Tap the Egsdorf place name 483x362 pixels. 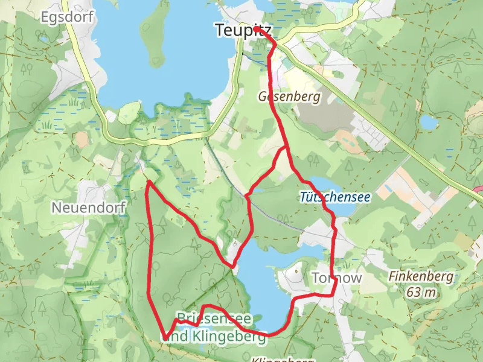(x=67, y=17)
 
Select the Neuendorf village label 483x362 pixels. (x=88, y=208)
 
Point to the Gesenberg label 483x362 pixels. (x=289, y=96)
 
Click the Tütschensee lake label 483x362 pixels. (x=334, y=197)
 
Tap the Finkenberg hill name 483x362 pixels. (x=421, y=277)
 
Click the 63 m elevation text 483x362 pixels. (x=421, y=293)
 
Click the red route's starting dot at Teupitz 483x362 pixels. (x=257, y=28)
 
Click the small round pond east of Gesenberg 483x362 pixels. (x=429, y=122)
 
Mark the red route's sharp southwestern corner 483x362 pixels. (x=164, y=338)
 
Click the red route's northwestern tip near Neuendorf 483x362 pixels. (x=149, y=180)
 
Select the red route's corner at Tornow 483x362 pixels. (x=335, y=294)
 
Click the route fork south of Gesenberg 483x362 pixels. (x=285, y=147)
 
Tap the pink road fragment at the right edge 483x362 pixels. (x=478, y=189)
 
